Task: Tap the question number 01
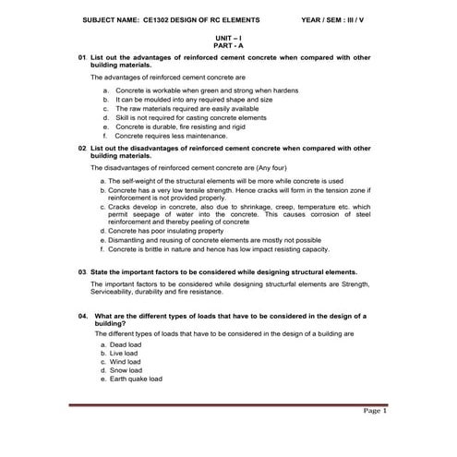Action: [x=82, y=58]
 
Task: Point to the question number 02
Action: [x=82, y=148]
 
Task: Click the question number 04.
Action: [x=83, y=316]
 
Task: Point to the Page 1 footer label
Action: [x=375, y=411]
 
